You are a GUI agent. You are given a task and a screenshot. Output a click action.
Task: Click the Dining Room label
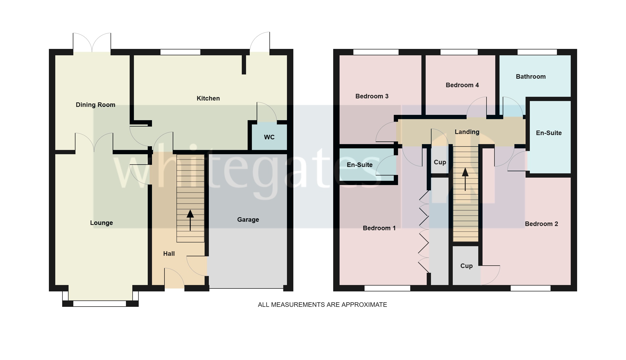pyautogui.click(x=95, y=105)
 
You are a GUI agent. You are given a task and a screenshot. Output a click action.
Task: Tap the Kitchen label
pyautogui.click(x=208, y=98)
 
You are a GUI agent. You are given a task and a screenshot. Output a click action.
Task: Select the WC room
pyautogui.click(x=269, y=137)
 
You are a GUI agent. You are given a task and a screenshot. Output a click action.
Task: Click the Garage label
pyautogui.click(x=248, y=220)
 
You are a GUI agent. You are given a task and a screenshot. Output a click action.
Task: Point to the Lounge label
pyautogui.click(x=101, y=223)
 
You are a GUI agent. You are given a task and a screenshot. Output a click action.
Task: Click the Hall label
pyautogui.click(x=169, y=254)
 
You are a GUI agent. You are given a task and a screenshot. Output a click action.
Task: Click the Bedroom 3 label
pyautogui.click(x=372, y=96)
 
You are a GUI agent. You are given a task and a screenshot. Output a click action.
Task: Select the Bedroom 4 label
pyautogui.click(x=462, y=85)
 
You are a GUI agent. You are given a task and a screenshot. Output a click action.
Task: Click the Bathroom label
pyautogui.click(x=531, y=77)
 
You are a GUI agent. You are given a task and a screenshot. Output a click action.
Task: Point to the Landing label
pyautogui.click(x=467, y=132)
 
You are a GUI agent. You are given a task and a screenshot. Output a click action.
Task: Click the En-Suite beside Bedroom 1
pyautogui.click(x=359, y=165)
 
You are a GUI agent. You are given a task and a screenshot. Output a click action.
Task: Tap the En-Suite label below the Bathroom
pyautogui.click(x=549, y=133)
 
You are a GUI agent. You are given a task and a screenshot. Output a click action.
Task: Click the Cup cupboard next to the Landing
pyautogui.click(x=440, y=162)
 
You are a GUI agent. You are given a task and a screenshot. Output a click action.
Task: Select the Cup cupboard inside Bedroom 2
pyautogui.click(x=466, y=266)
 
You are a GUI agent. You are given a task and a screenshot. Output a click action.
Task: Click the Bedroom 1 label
pyautogui.click(x=379, y=228)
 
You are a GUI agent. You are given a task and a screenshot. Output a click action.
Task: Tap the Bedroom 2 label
pyautogui.click(x=541, y=224)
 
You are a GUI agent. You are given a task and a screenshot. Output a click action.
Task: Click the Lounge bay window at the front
pyautogui.click(x=100, y=303)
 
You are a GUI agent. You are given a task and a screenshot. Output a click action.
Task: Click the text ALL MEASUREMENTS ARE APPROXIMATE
pyautogui.click(x=322, y=305)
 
